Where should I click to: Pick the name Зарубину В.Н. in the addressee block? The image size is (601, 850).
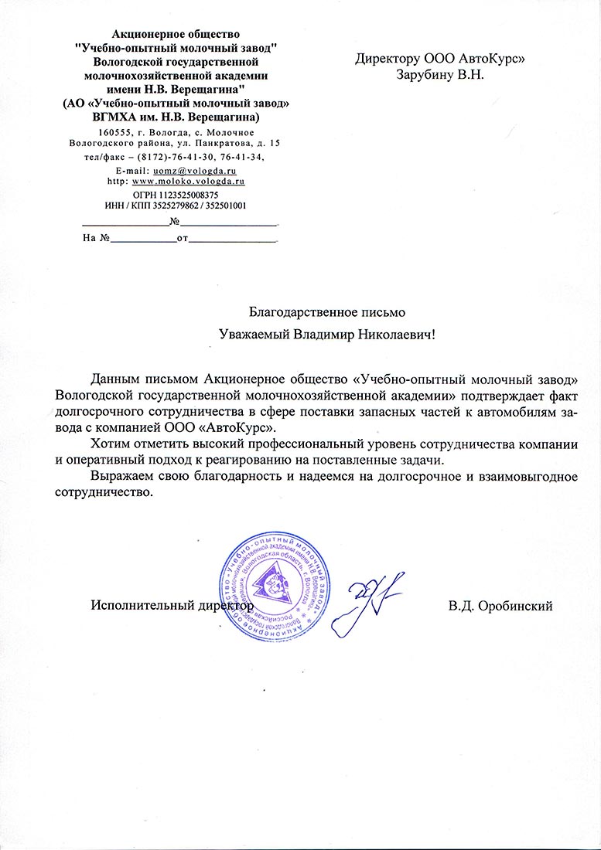[439, 75]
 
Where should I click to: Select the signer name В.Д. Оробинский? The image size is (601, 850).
[500, 606]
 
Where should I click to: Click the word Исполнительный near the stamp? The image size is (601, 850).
[137, 606]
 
